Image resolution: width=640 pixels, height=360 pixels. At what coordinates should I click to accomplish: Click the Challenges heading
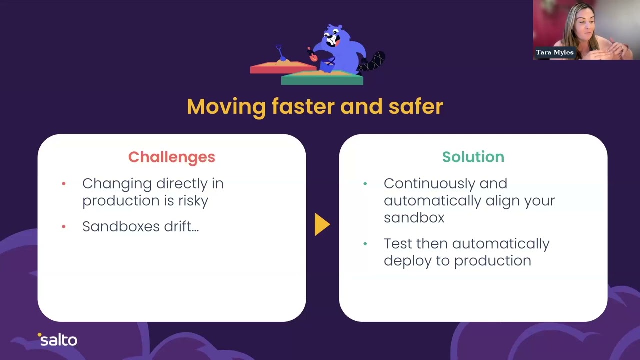[171, 157]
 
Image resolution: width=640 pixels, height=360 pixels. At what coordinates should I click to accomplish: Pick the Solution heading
[473, 157]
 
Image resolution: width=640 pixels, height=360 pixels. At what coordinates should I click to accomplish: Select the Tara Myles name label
[554, 52]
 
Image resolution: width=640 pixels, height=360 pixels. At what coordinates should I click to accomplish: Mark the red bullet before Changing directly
[64, 184]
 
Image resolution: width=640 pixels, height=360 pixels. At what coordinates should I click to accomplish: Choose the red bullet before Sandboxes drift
[64, 227]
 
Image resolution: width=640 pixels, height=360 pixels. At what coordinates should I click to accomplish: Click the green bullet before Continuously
[365, 184]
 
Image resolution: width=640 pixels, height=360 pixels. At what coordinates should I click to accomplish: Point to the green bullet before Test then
[365, 244]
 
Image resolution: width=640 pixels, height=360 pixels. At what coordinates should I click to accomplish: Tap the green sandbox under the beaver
[322, 78]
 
